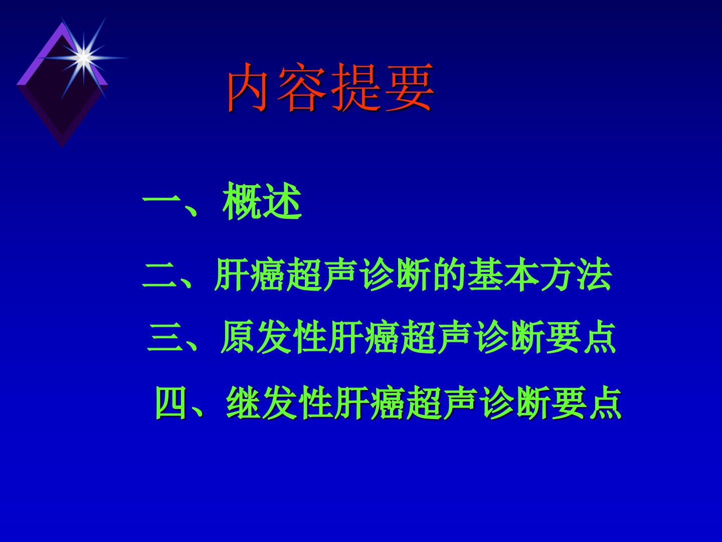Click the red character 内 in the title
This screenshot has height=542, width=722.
click(247, 87)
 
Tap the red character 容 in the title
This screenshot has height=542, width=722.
click(300, 87)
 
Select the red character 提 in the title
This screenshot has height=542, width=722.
click(355, 87)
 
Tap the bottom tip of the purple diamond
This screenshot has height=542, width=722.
click(62, 147)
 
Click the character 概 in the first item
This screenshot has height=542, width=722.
click(242, 201)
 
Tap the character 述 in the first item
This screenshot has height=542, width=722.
click(282, 201)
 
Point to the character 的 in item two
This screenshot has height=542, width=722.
click(450, 275)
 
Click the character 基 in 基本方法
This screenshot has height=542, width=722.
click(486, 275)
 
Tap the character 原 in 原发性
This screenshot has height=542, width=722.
click(238, 337)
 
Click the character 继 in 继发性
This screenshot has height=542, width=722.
click(243, 402)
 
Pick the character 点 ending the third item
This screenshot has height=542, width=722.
click(599, 337)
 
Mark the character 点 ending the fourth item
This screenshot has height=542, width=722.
click(605, 402)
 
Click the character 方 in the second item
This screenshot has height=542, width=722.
click(558, 275)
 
